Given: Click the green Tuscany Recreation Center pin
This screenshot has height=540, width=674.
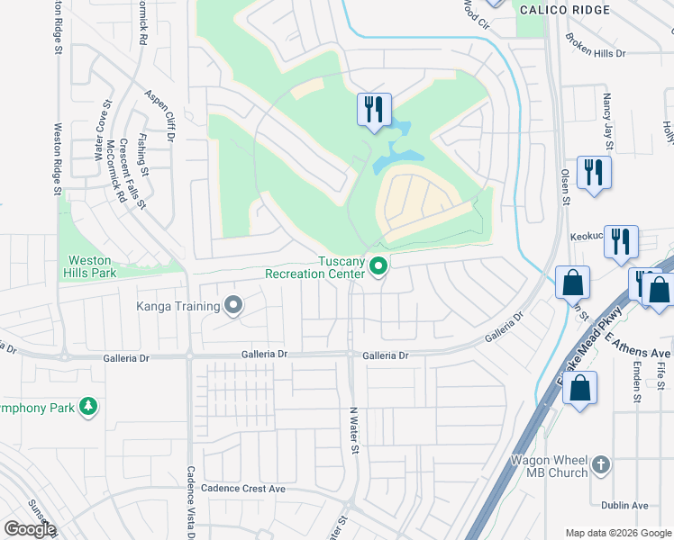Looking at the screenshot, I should (x=379, y=265).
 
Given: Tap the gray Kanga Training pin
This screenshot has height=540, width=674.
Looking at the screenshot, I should (x=233, y=306).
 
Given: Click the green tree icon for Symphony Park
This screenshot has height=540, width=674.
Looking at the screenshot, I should (x=88, y=406).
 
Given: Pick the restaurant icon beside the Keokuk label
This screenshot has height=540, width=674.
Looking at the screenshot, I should (x=621, y=241).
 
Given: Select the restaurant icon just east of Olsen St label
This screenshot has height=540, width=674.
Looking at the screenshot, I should (x=594, y=172).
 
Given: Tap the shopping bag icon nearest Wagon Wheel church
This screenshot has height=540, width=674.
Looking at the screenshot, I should (x=579, y=388).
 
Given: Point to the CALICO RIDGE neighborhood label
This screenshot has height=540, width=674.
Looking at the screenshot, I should (x=577, y=10).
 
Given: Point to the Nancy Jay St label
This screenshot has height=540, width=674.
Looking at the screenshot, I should (x=608, y=121).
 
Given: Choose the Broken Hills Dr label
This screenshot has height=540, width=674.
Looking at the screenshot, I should (x=595, y=46).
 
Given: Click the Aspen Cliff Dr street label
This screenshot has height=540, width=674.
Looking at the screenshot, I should (x=160, y=114).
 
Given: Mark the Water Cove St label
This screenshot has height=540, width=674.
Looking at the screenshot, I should (x=100, y=136).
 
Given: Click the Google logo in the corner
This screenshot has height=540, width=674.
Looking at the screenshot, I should (x=30, y=529).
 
